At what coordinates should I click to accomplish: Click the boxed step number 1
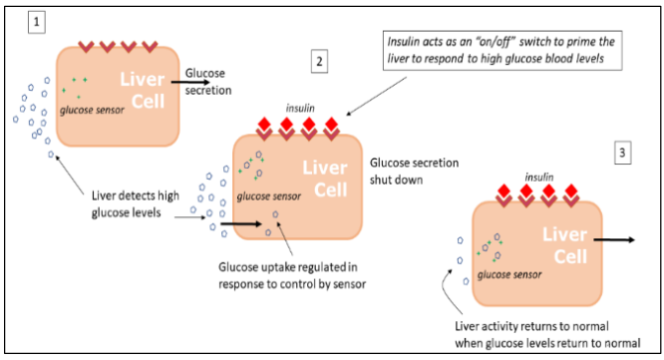point(38,20)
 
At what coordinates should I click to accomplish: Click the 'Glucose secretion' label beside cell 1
point(208,81)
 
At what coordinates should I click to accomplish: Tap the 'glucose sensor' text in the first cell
point(93,110)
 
